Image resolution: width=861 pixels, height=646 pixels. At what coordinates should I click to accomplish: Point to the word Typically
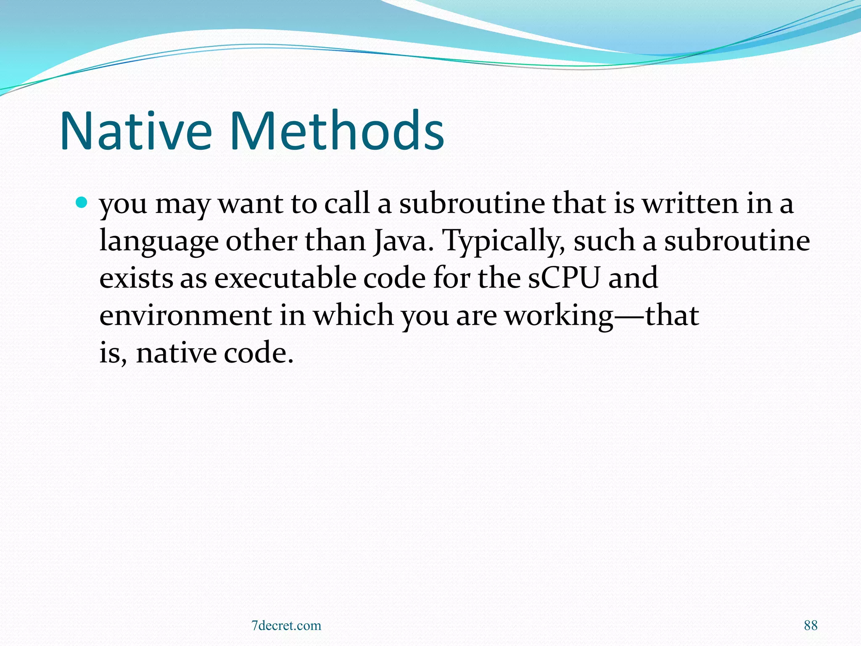coord(504,242)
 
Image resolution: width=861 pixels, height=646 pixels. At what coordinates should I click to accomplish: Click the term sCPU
coord(563,278)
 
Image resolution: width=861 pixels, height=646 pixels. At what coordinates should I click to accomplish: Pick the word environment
coord(185,315)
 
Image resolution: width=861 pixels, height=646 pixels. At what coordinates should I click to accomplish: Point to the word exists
coord(136,278)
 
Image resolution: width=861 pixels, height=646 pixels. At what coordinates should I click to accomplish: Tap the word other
coord(261,241)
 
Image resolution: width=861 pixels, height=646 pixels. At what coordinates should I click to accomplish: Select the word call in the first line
coord(346,204)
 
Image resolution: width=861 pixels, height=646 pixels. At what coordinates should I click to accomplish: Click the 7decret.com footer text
coord(286,625)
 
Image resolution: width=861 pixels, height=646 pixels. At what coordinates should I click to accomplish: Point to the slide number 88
coord(811,625)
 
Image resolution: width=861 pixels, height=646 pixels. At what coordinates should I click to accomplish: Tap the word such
coord(604,241)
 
